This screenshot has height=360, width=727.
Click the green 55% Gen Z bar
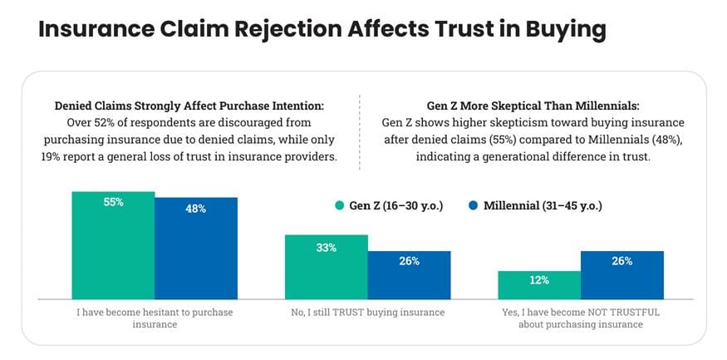(113, 245)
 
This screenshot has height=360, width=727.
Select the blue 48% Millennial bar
(196, 249)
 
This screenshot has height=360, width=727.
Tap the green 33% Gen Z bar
(327, 267)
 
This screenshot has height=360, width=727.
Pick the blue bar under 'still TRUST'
(410, 275)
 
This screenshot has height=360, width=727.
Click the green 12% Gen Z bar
(539, 285)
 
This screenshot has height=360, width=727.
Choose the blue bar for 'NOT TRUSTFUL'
(622, 275)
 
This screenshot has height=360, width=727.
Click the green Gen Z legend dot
(339, 205)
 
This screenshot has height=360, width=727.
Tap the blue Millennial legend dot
(473, 205)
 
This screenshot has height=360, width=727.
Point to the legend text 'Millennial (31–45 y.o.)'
(543, 205)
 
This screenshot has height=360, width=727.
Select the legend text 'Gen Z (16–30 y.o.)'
(396, 205)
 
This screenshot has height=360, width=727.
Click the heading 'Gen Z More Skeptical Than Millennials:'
(533, 106)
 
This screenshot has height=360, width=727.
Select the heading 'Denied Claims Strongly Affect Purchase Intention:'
(189, 106)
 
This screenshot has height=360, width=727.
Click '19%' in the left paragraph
(51, 157)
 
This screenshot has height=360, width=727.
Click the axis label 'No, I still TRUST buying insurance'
(368, 313)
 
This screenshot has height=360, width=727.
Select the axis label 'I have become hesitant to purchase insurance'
(155, 318)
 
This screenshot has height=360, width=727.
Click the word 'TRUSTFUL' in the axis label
(638, 313)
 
